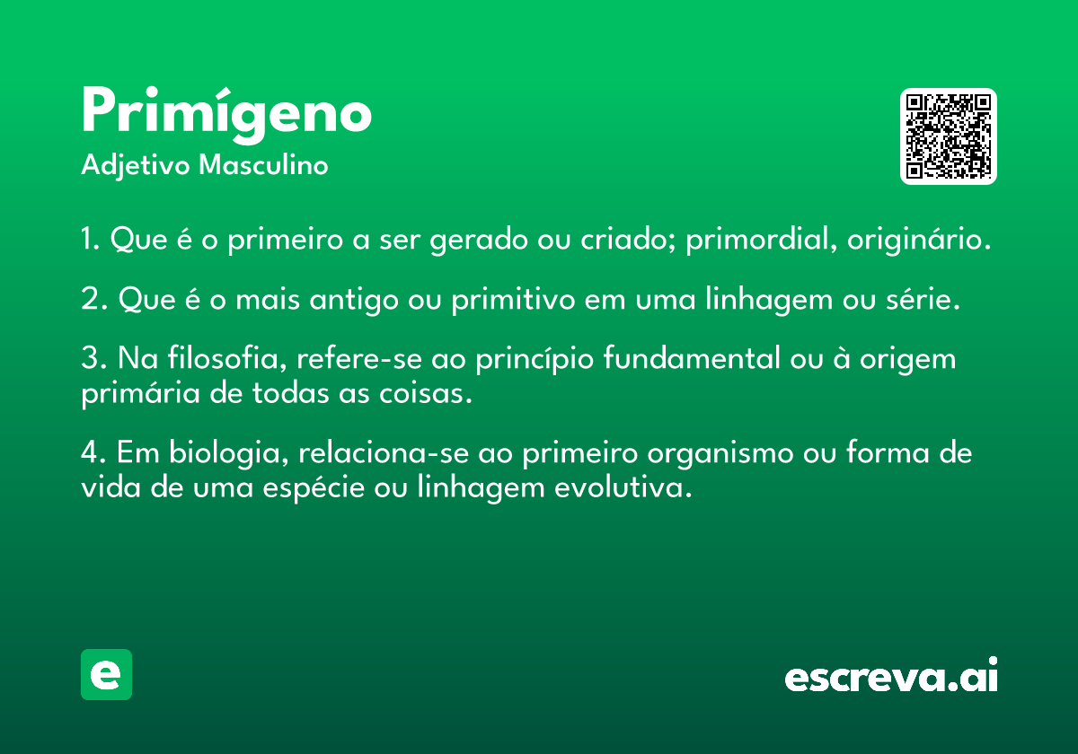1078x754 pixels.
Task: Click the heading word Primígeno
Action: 226,115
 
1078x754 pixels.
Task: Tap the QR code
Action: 948,136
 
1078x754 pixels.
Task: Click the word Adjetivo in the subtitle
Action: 136,166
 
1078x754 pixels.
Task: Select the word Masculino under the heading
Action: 263,165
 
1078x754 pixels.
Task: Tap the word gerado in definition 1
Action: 479,240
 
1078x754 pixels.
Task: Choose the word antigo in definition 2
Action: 354,300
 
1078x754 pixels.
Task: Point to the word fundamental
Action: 692,358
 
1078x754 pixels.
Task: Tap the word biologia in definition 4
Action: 228,453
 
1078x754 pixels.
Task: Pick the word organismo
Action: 720,454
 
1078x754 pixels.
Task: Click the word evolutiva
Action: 623,487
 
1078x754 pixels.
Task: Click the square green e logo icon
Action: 106,674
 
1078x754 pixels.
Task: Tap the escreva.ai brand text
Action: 891,675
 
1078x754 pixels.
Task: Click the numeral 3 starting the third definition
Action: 90,358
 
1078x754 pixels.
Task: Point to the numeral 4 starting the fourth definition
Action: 91,452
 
